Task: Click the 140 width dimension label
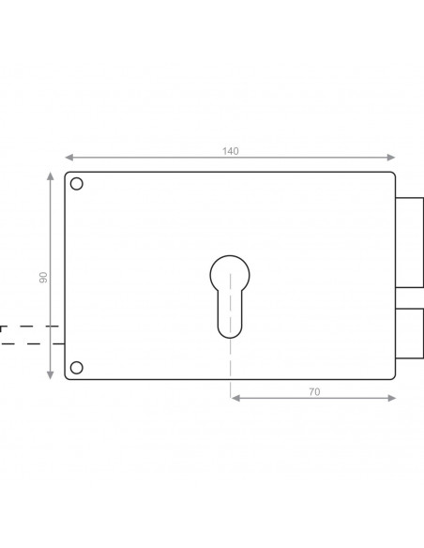point(231,151)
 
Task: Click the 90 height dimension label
point(43,278)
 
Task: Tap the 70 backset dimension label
point(314,392)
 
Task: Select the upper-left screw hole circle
point(77,184)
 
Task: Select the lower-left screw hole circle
point(77,368)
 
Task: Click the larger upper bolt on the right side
point(409,242)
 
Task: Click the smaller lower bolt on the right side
point(409,333)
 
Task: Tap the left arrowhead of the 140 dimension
point(68,158)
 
